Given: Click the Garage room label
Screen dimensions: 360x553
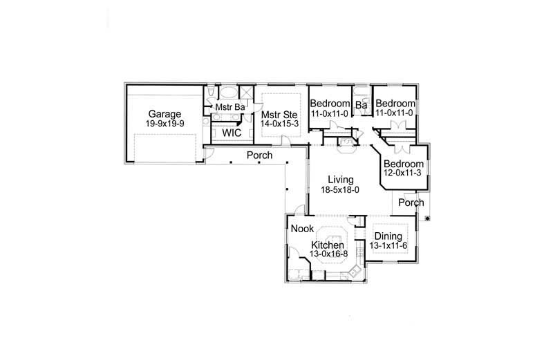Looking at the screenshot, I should tap(163, 114).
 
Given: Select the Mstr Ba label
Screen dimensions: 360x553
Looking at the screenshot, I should tap(230, 108).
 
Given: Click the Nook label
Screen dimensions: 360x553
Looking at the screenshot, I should tap(301, 228).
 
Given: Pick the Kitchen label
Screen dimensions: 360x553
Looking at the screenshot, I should tap(327, 245).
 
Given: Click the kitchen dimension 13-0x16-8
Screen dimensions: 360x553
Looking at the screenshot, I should tap(329, 254).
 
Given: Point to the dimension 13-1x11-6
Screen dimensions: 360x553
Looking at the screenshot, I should tap(388, 246).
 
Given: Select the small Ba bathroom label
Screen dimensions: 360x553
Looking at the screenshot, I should tap(360, 106).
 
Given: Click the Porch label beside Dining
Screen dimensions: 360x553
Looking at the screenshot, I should tap(412, 203).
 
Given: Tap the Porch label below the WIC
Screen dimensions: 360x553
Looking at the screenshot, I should tap(259, 155).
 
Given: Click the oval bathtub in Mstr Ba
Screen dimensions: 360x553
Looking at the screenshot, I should tap(227, 93).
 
